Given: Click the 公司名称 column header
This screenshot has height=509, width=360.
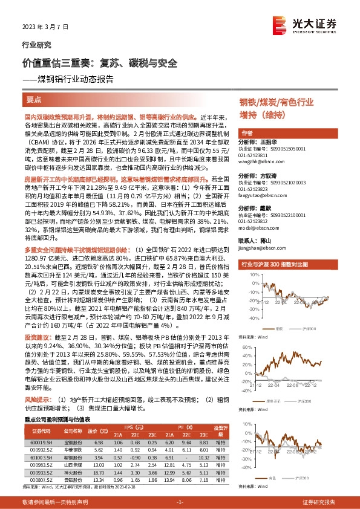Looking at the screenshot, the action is [72, 431].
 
